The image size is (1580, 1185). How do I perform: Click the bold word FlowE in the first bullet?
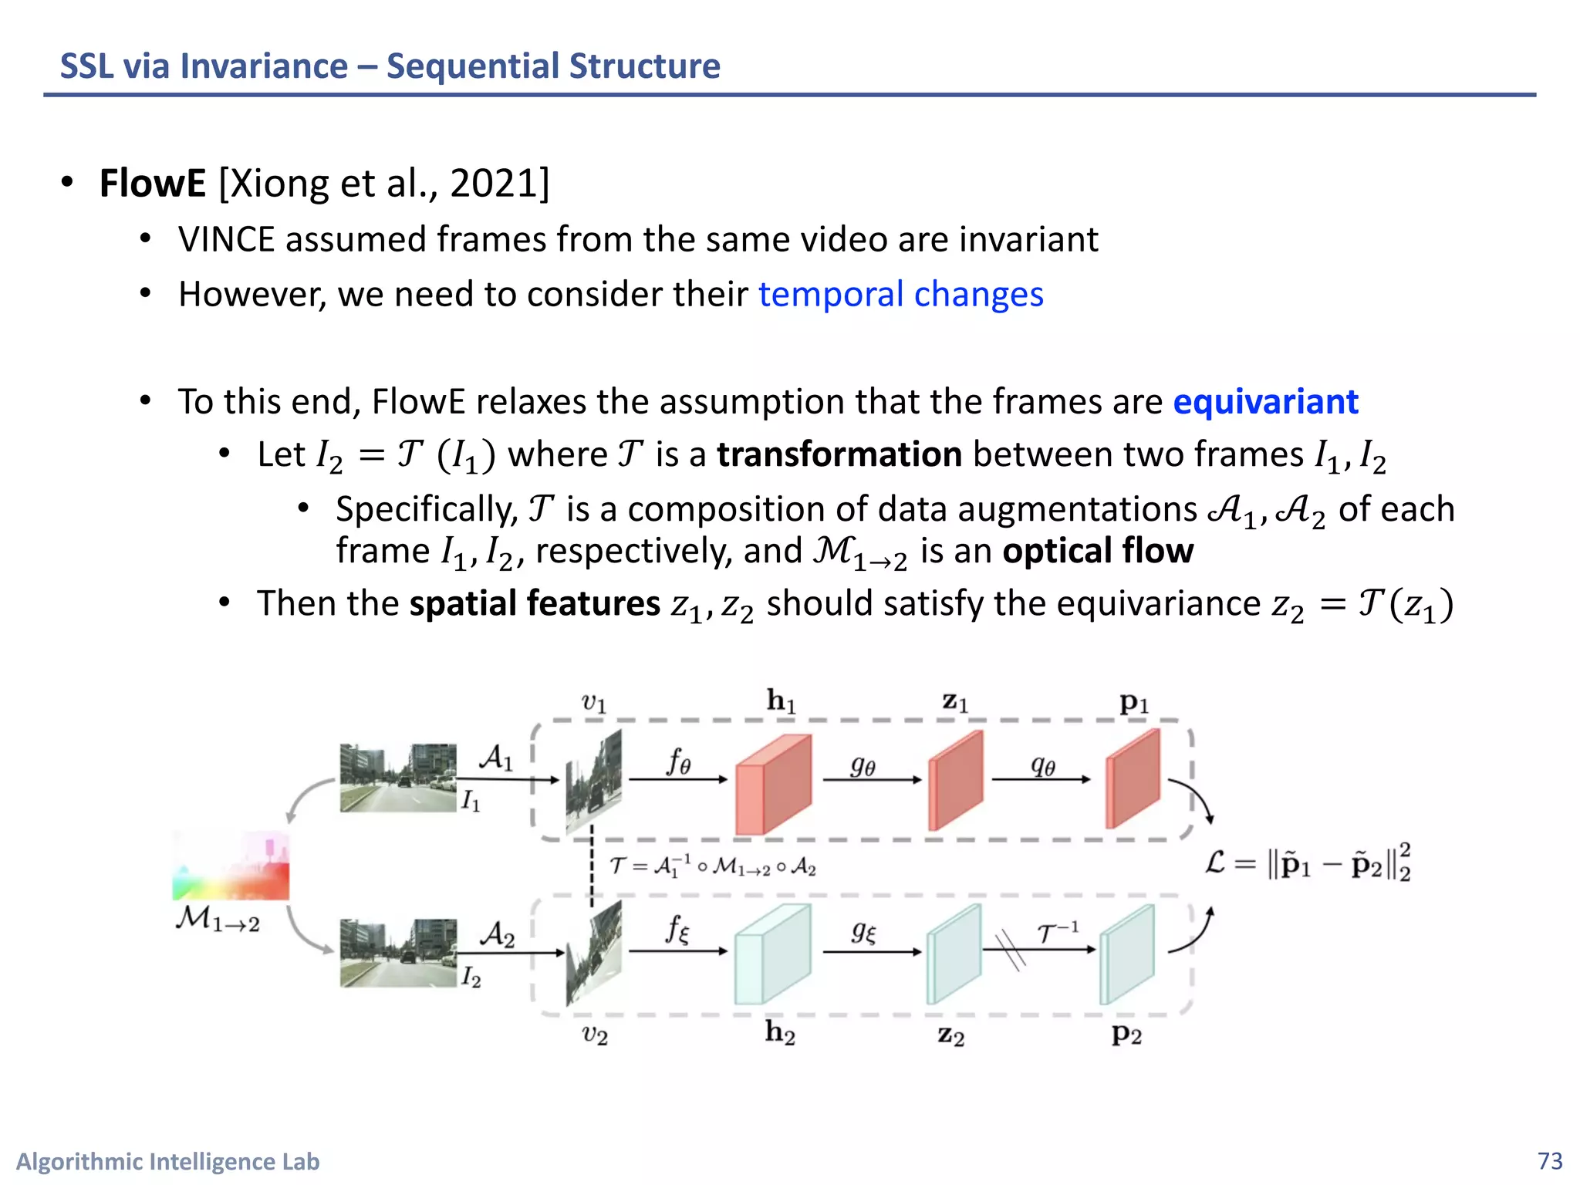point(152,184)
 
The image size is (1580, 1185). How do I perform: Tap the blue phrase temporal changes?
point(900,295)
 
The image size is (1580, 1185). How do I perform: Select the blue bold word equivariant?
point(1265,402)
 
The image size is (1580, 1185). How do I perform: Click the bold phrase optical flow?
point(1098,551)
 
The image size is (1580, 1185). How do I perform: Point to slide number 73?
point(1549,1161)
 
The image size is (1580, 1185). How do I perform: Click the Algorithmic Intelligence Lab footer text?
point(167,1161)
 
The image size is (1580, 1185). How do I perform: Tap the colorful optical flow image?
point(231,866)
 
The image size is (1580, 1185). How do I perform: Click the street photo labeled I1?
point(397,777)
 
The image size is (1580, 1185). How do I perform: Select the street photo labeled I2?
point(397,953)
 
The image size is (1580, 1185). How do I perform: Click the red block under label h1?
point(773,785)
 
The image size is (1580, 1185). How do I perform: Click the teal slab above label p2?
point(1126,955)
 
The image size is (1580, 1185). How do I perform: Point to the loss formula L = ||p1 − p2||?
point(1307,863)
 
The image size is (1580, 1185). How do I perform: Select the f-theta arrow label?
point(678,762)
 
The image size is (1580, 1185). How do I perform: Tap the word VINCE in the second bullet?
point(226,240)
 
